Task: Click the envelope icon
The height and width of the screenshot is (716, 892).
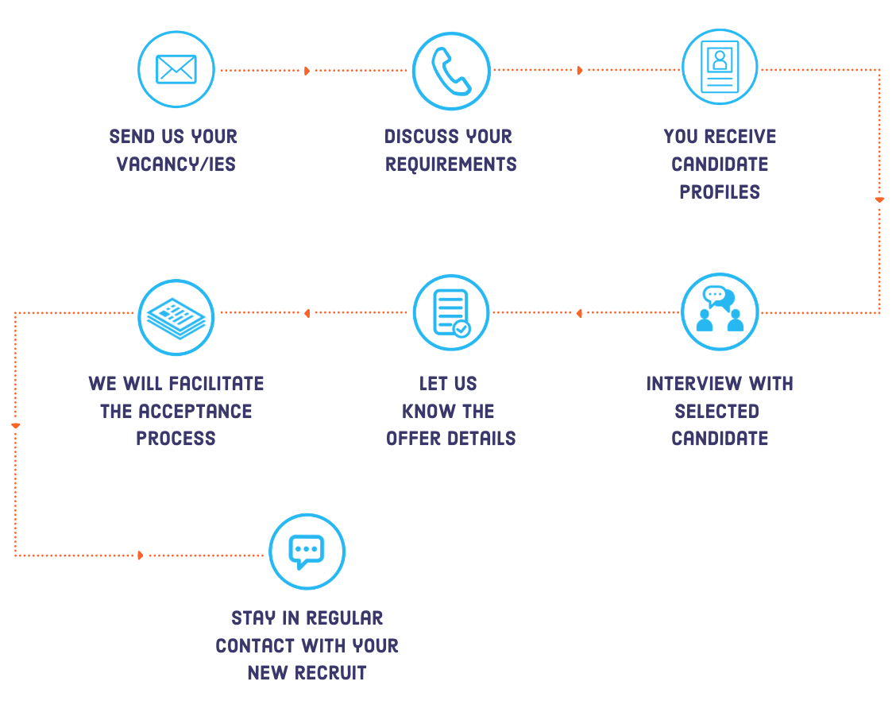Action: coord(176,70)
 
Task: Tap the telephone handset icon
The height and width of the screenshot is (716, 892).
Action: coord(450,71)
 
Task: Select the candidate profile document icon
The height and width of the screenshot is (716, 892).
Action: coord(720,68)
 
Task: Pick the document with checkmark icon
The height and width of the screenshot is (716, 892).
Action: coord(450,312)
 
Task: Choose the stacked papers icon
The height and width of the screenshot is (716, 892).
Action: coord(176,317)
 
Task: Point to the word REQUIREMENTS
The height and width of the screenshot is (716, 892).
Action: coord(450,164)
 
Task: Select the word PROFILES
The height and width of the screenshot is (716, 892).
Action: coord(720,192)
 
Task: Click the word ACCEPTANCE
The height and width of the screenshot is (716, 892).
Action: coord(195,412)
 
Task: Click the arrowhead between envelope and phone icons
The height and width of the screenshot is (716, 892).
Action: coord(307,71)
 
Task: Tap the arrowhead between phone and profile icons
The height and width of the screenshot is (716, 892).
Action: coord(580,71)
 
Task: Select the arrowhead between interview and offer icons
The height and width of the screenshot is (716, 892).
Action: coord(579,313)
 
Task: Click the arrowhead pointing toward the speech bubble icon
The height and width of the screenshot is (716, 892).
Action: coord(141,555)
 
